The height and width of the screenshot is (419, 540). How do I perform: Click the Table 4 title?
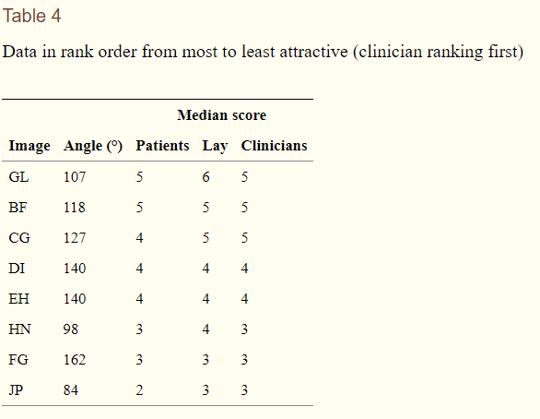31,16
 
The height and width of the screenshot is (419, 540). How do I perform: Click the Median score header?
222,115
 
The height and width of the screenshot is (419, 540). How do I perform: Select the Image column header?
29,146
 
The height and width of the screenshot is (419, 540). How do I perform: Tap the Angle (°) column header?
93,146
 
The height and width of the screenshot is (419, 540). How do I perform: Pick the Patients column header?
162,146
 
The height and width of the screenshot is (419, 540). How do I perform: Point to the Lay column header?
215,146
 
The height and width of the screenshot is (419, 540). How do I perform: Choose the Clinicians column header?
274,146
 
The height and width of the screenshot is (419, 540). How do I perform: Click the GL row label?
18,177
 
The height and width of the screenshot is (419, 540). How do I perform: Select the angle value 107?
75,177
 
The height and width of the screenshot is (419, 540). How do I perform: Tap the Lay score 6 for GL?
205,177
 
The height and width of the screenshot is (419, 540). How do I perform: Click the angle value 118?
75,208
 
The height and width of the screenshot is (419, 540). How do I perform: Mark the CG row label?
19,238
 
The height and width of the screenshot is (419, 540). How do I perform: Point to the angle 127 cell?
75,238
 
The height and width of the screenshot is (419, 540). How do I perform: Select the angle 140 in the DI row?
75,269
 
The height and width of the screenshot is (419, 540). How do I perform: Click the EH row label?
19,299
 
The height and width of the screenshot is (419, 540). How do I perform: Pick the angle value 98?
71,329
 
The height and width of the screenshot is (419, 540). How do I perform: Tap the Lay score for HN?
205,329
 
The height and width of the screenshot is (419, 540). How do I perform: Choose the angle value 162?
75,360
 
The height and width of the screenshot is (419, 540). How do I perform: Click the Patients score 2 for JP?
139,390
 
